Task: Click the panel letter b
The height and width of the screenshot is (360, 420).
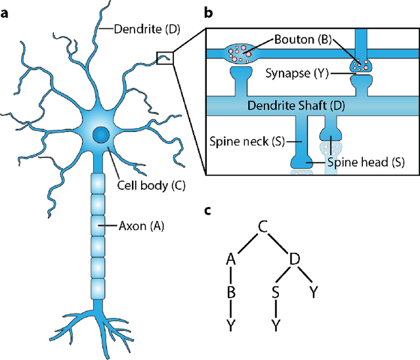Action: [209, 12]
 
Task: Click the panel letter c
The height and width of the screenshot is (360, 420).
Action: [209, 211]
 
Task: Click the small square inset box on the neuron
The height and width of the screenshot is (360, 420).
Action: [165, 58]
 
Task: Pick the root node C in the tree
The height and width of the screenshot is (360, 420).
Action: [262, 227]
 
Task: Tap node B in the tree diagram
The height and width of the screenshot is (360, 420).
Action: [230, 292]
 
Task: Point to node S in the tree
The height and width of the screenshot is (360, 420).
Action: [276, 292]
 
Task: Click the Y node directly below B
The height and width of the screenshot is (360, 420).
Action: [230, 325]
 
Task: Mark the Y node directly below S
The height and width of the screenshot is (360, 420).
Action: [276, 325]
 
